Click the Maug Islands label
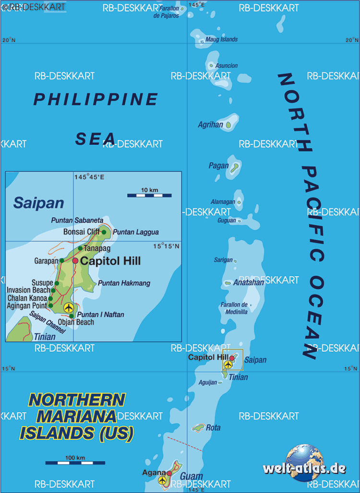(221, 39)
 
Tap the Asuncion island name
(226, 66)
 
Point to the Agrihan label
(210, 125)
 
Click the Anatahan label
(248, 282)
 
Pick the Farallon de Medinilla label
(234, 308)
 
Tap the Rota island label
(213, 427)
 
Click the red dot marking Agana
(169, 473)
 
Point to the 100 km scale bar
(75, 463)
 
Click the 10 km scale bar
(149, 195)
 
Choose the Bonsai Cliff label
(81, 232)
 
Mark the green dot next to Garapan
(61, 261)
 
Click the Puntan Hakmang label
(124, 283)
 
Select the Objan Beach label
(76, 322)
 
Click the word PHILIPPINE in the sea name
(96, 99)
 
